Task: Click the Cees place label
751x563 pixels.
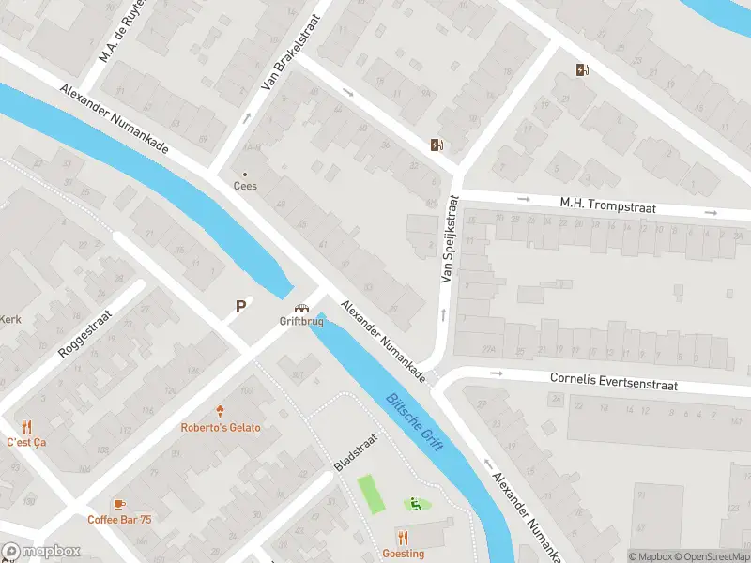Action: [x=245, y=186]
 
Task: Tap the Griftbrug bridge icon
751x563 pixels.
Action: [x=301, y=308]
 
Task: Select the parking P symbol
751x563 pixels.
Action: [x=241, y=306]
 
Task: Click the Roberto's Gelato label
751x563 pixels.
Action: [x=221, y=428]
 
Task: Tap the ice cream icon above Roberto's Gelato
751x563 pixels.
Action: [x=221, y=412]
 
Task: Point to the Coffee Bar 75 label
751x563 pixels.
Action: [x=119, y=520]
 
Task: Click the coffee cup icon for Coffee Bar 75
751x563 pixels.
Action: [x=119, y=504]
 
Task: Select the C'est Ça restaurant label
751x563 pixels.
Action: [x=26, y=442]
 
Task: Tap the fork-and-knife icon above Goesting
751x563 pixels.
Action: [x=404, y=538]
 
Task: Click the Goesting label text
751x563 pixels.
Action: [x=404, y=554]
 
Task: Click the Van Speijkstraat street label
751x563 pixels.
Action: [x=449, y=239]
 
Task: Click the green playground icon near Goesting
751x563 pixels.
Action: [x=413, y=505]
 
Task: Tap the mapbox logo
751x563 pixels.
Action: [x=39, y=552]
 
